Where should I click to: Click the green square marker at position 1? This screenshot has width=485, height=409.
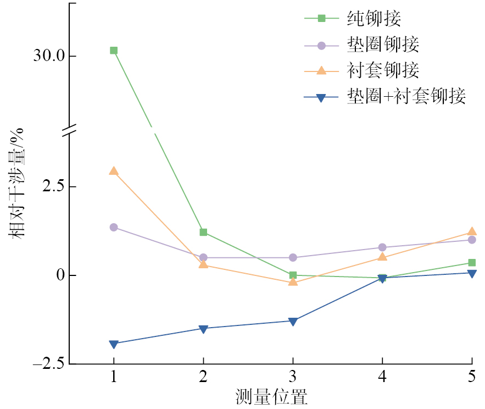114,51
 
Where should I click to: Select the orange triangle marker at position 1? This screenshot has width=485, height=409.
114,172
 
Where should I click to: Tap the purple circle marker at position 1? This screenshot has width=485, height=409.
114,227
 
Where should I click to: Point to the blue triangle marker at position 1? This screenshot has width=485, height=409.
114,344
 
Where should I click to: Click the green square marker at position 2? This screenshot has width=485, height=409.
203,233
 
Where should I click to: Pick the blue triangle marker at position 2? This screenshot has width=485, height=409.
203,329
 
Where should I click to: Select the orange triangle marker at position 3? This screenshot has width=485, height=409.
293,282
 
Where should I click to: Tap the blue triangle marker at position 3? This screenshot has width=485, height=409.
293,321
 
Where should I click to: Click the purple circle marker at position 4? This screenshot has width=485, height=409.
382,247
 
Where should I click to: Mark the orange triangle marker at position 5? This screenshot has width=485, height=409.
472,232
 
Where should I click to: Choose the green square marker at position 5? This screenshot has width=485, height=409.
472,263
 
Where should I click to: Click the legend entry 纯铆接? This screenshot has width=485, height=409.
373,19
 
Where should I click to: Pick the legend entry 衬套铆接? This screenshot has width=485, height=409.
383,70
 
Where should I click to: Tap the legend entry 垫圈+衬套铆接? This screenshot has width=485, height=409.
406,96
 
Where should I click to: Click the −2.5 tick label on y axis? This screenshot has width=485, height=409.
48,364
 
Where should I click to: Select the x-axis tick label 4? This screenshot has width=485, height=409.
382,378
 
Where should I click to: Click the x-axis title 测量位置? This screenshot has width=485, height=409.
271,397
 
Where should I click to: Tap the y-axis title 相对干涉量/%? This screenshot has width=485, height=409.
17,182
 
